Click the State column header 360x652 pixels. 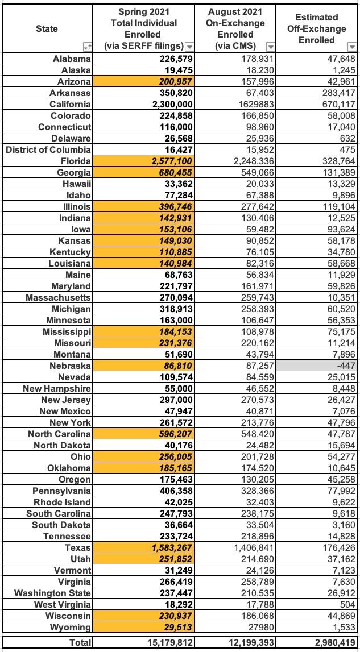(x=47, y=28)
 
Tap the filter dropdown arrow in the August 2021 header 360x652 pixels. (x=270, y=47)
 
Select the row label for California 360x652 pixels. (x=68, y=104)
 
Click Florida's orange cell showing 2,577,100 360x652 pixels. (x=168, y=161)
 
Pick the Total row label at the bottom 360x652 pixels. (x=79, y=642)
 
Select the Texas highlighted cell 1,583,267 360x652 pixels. (x=168, y=547)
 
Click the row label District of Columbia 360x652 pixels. (x=48, y=149)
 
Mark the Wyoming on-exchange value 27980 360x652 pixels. (x=258, y=627)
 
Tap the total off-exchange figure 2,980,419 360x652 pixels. (x=329, y=642)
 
